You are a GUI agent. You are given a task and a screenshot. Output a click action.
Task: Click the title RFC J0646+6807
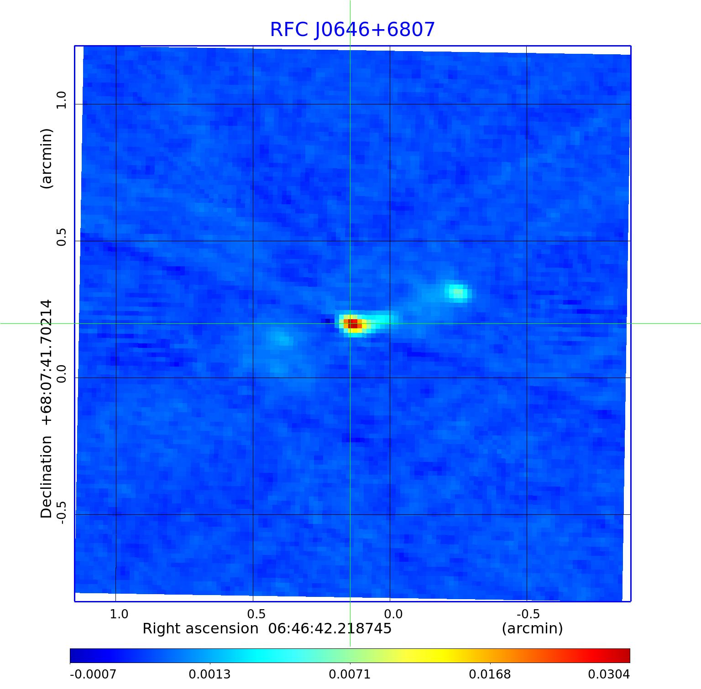tap(352, 30)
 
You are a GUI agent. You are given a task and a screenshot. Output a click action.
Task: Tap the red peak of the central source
tap(352, 324)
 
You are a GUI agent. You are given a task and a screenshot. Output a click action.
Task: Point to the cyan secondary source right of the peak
tap(457, 292)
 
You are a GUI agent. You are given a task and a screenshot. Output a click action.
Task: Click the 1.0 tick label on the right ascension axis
tap(119, 614)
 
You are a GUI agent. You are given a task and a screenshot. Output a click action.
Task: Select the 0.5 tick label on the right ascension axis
tap(256, 614)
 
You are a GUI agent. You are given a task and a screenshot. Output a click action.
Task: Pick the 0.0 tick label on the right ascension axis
tap(393, 614)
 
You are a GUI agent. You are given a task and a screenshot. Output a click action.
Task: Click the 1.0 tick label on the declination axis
tap(61, 100)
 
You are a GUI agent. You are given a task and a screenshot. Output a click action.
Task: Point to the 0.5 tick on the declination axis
tap(61, 237)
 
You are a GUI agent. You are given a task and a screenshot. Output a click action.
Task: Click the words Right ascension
tap(200, 629)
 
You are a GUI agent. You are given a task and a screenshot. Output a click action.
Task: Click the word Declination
tap(47, 477)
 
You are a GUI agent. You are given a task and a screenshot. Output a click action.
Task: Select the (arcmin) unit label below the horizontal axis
tap(532, 629)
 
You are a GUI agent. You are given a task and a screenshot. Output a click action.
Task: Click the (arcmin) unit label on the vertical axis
tap(47, 158)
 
